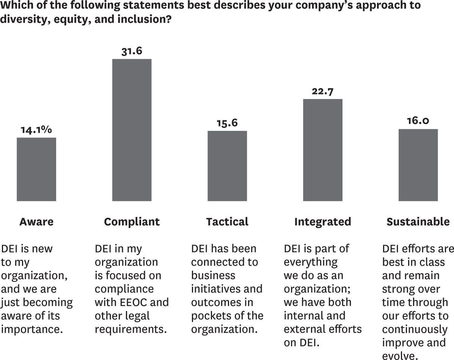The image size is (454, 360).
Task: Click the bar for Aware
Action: pyautogui.click(x=36, y=169)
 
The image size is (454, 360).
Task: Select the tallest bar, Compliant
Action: pyautogui.click(x=132, y=130)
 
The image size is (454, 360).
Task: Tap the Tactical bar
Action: pyautogui.click(x=227, y=166)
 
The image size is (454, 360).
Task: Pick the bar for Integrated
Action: pyautogui.click(x=323, y=150)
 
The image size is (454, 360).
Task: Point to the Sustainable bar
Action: pyautogui.click(x=418, y=165)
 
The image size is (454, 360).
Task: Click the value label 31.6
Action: pyautogui.click(x=132, y=51)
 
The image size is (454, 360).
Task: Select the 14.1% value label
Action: pyautogui.click(x=36, y=130)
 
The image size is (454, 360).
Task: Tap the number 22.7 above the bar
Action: pyautogui.click(x=323, y=91)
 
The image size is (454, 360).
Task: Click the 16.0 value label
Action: pyautogui.click(x=418, y=121)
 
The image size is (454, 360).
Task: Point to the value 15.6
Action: pyautogui.click(x=227, y=123)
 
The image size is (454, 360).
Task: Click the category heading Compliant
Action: pyautogui.click(x=132, y=222)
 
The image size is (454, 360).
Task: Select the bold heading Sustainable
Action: pyautogui.click(x=418, y=222)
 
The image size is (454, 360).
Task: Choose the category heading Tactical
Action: pyautogui.click(x=227, y=222)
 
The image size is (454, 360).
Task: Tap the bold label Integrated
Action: pyautogui.click(x=323, y=222)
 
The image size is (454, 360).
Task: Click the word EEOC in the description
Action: pyautogui.click(x=129, y=302)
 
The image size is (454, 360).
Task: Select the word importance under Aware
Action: pyautogui.click(x=32, y=329)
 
